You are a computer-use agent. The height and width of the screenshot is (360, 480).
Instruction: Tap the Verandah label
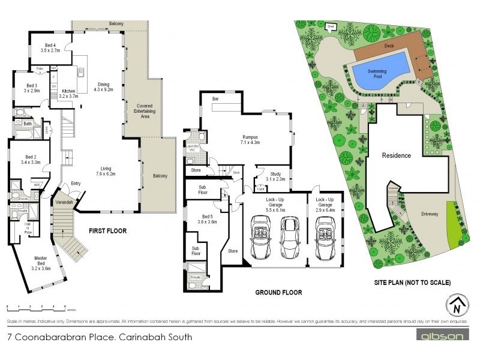click(x=64, y=203)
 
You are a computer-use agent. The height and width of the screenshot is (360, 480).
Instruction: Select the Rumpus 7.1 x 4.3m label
click(x=250, y=140)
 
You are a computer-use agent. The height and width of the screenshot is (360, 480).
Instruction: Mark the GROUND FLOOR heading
click(x=278, y=293)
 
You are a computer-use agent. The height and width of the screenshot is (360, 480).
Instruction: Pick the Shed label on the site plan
click(x=330, y=26)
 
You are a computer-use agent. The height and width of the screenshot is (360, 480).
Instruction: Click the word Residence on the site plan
click(x=397, y=155)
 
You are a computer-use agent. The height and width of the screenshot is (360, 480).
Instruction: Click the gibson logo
click(x=439, y=337)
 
